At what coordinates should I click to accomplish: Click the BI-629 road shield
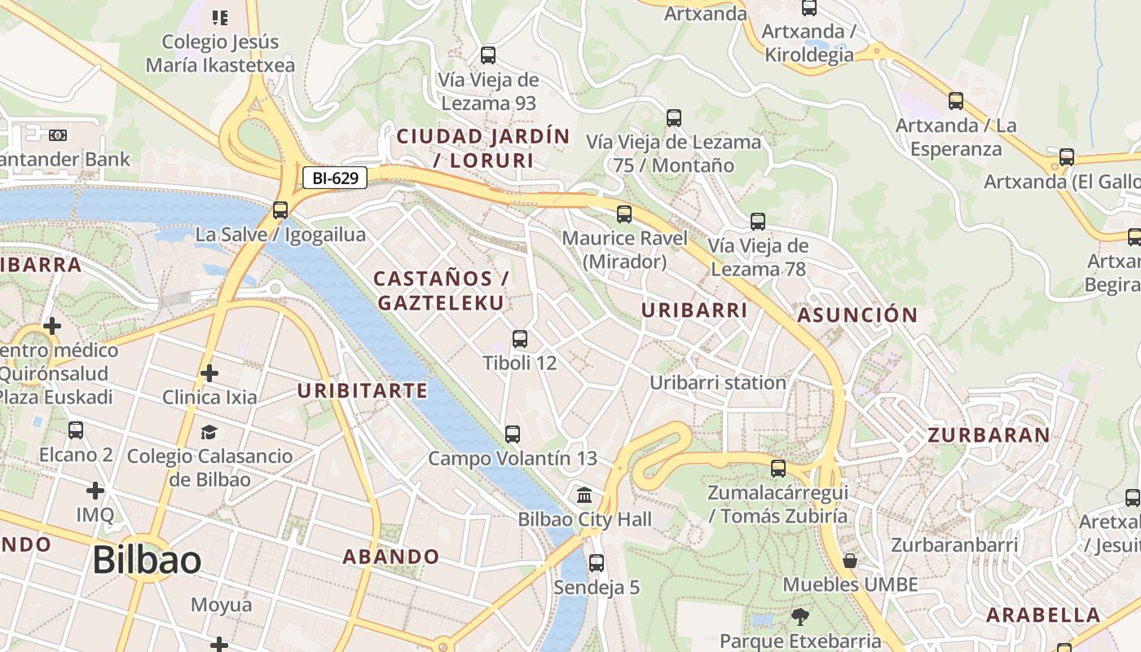pyautogui.click(x=335, y=178)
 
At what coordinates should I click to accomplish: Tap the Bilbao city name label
pyautogui.click(x=147, y=561)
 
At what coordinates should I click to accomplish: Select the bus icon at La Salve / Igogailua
pyautogui.click(x=280, y=210)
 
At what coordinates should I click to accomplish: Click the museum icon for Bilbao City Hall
pyautogui.click(x=584, y=495)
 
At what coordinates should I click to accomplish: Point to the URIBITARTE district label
pyautogui.click(x=362, y=391)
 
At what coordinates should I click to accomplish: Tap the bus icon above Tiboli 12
pyautogui.click(x=520, y=339)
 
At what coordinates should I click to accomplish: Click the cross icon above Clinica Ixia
pyautogui.click(x=209, y=373)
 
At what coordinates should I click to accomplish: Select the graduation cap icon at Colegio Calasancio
pyautogui.click(x=209, y=432)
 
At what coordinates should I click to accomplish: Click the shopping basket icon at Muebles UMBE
pyautogui.click(x=850, y=561)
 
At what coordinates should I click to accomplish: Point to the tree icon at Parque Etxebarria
pyautogui.click(x=800, y=617)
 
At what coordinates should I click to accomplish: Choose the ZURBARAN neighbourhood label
pyautogui.click(x=989, y=435)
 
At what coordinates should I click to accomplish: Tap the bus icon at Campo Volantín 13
pyautogui.click(x=513, y=434)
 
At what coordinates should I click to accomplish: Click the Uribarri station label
pyautogui.click(x=717, y=382)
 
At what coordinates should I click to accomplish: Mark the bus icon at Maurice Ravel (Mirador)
pyautogui.click(x=624, y=214)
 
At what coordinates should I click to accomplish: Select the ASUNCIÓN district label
pyautogui.click(x=857, y=315)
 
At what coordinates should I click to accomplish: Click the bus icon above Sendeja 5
pyautogui.click(x=597, y=562)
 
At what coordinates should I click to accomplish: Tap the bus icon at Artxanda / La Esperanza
pyautogui.click(x=956, y=101)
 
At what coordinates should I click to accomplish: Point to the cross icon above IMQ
pyautogui.click(x=95, y=491)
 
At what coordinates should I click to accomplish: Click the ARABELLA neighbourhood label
pyautogui.click(x=1043, y=615)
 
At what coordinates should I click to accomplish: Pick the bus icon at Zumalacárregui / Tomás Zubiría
pyautogui.click(x=778, y=469)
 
